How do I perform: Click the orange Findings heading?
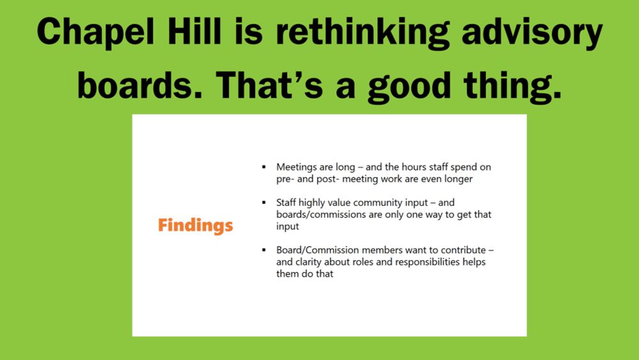coord(195,226)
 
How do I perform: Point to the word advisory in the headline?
coord(532,33)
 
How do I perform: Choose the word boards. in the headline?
coord(140,85)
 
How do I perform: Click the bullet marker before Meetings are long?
coord(264,167)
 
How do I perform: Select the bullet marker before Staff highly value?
coord(264,202)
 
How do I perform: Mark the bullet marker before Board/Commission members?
coord(264,249)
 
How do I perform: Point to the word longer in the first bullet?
coord(458,180)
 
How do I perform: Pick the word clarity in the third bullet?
coord(308,262)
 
